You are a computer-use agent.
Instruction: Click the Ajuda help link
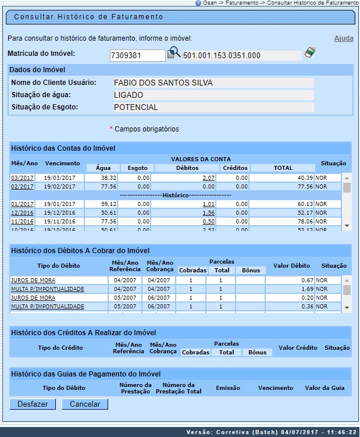point(343,38)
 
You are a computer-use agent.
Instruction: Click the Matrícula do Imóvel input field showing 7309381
point(137,55)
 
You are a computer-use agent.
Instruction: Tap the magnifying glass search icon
point(174,54)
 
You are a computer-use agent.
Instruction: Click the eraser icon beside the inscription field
point(311,54)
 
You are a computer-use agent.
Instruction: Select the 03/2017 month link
point(22,177)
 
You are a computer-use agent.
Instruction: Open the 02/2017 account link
point(22,186)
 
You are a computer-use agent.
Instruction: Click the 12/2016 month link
point(22,212)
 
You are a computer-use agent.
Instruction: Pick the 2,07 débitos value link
point(209,177)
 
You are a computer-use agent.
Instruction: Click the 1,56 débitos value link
point(209,212)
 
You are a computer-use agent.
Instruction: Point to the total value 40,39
point(306,177)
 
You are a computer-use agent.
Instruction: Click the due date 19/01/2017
point(60,204)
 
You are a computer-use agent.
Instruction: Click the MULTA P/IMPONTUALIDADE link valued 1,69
point(47,289)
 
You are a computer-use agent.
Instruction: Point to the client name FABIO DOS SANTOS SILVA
point(163,83)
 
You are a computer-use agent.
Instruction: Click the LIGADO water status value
point(129,95)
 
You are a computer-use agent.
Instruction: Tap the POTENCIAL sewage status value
point(136,107)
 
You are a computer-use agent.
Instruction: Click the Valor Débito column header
point(291,266)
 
